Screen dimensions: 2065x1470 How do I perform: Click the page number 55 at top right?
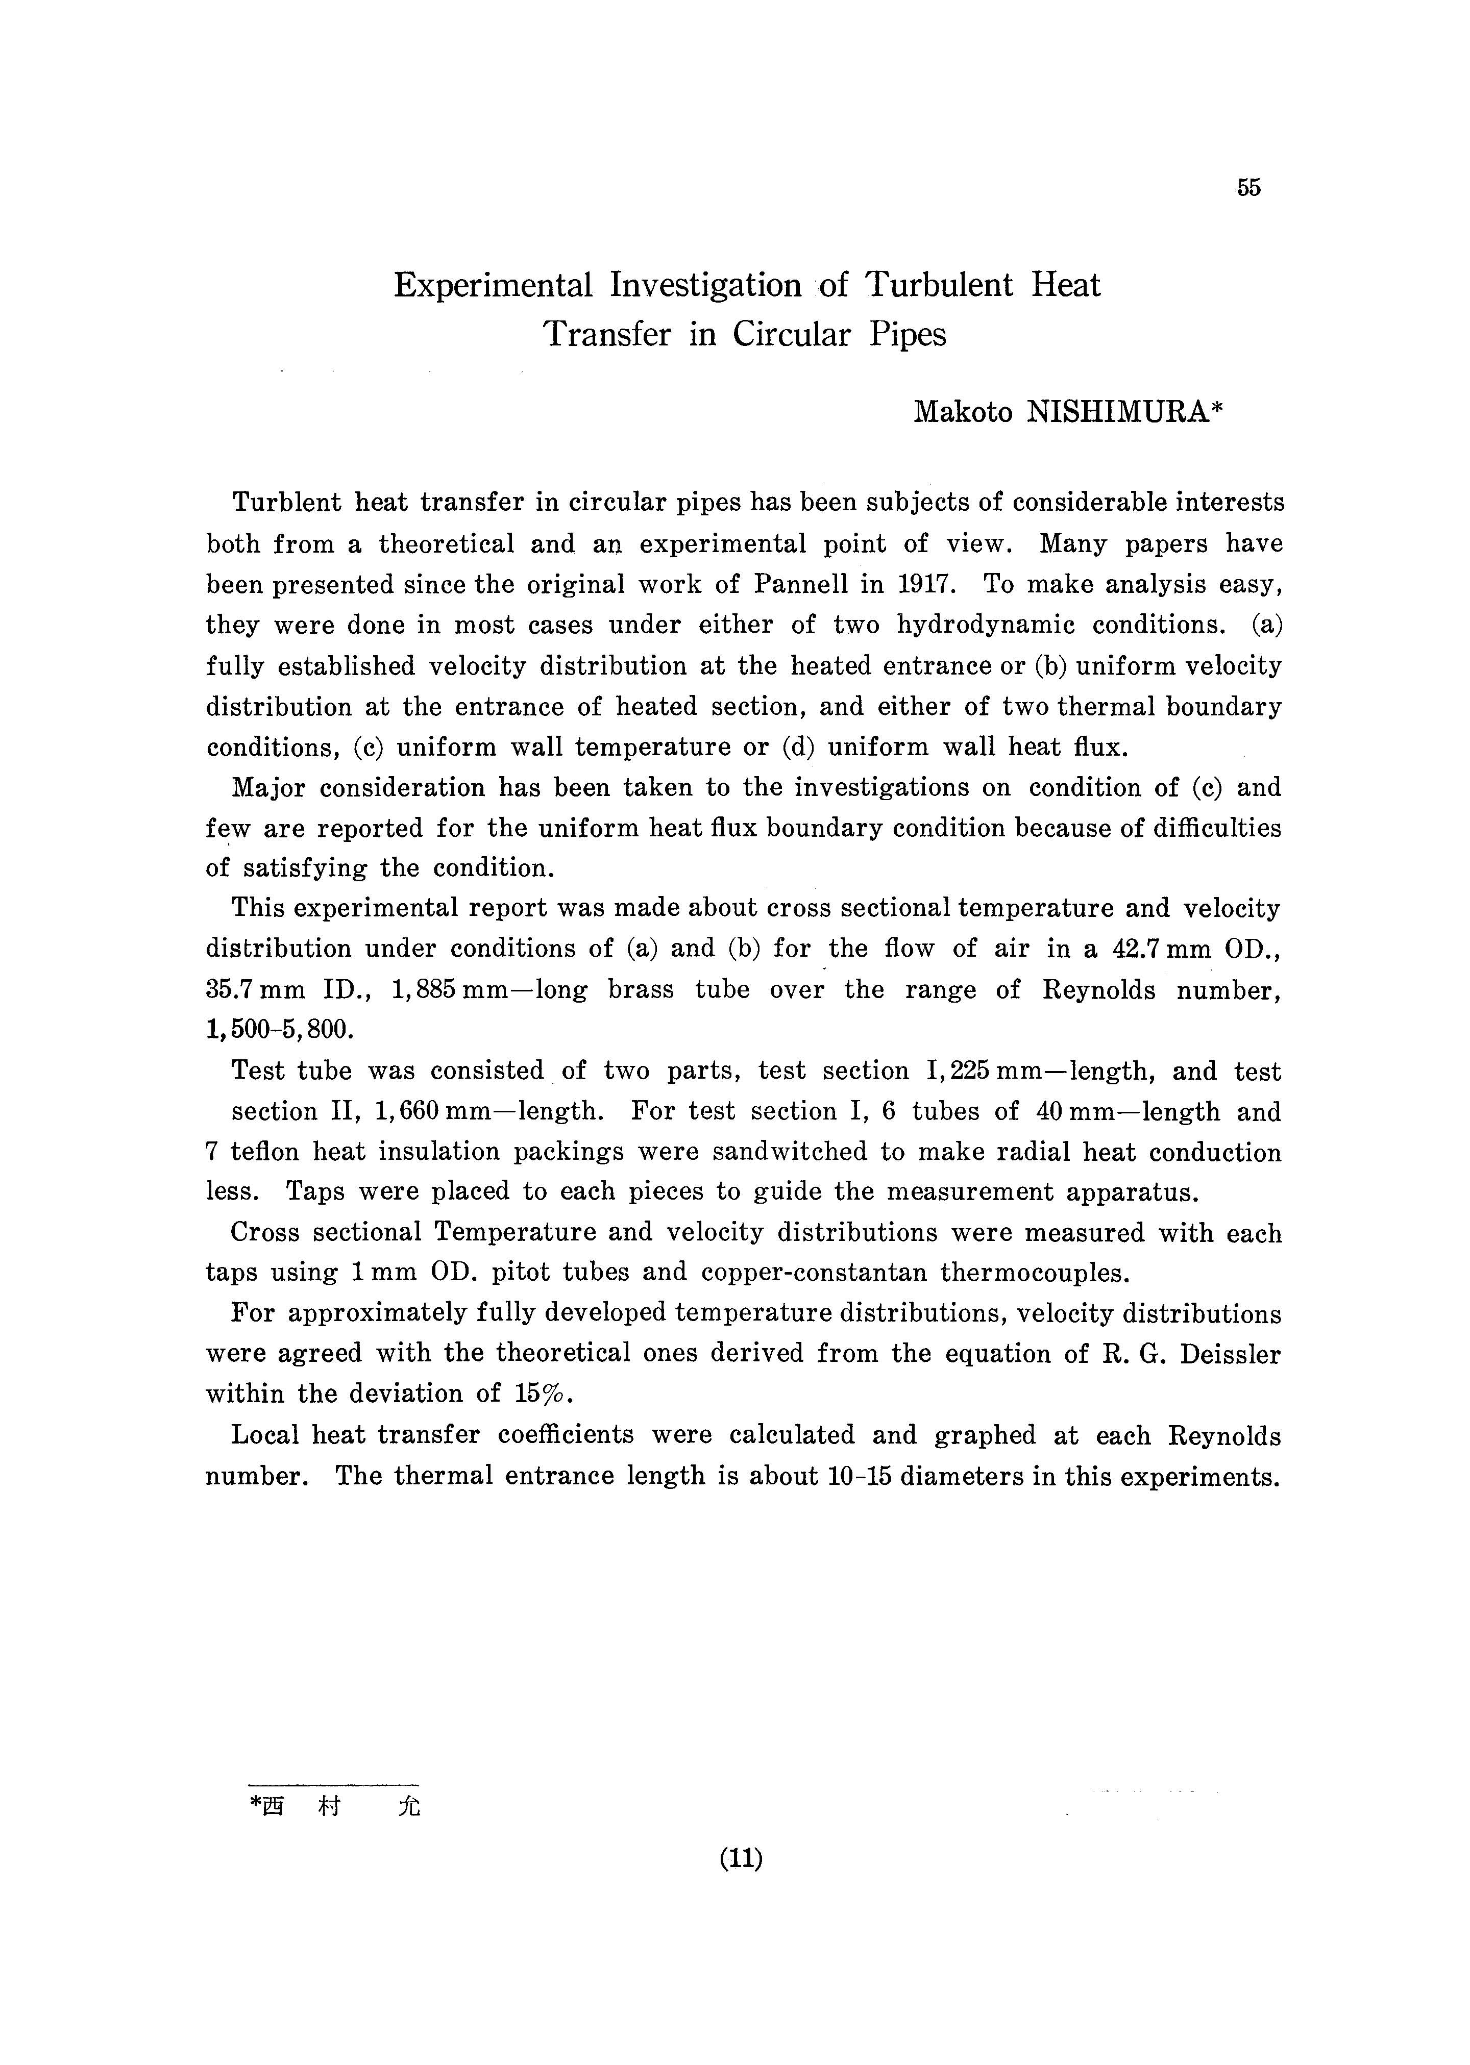tap(1248, 188)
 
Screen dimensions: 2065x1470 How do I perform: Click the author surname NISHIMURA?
tap(1120, 413)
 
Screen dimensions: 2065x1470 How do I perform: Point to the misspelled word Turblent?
tap(286, 502)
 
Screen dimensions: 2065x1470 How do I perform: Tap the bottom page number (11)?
tap(741, 1859)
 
